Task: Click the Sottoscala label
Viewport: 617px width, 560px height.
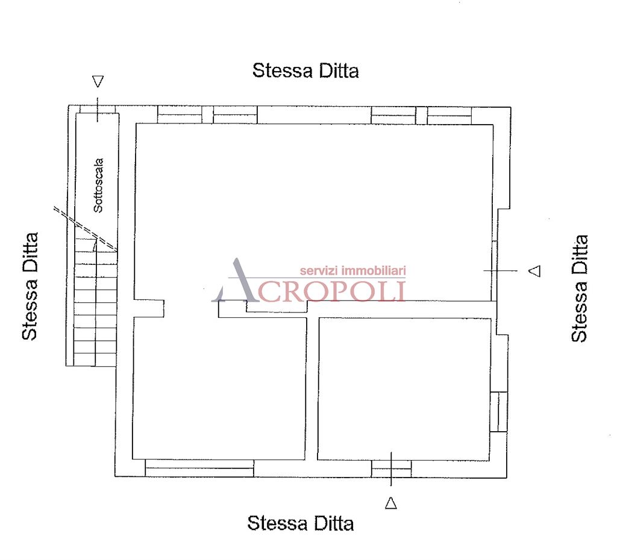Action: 98,185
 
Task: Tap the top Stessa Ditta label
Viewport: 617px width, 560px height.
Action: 305,71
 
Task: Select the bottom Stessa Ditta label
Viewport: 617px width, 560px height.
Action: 301,523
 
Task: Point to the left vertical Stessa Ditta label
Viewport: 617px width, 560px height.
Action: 30,286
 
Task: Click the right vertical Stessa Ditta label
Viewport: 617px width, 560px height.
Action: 579,288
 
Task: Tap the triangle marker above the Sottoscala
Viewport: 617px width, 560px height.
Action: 98,81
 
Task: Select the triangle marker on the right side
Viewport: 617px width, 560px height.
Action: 535,270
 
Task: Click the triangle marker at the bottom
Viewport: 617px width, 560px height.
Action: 390,503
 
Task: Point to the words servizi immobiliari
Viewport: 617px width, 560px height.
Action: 352,270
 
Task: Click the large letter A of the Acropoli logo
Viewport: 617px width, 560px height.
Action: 236,281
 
